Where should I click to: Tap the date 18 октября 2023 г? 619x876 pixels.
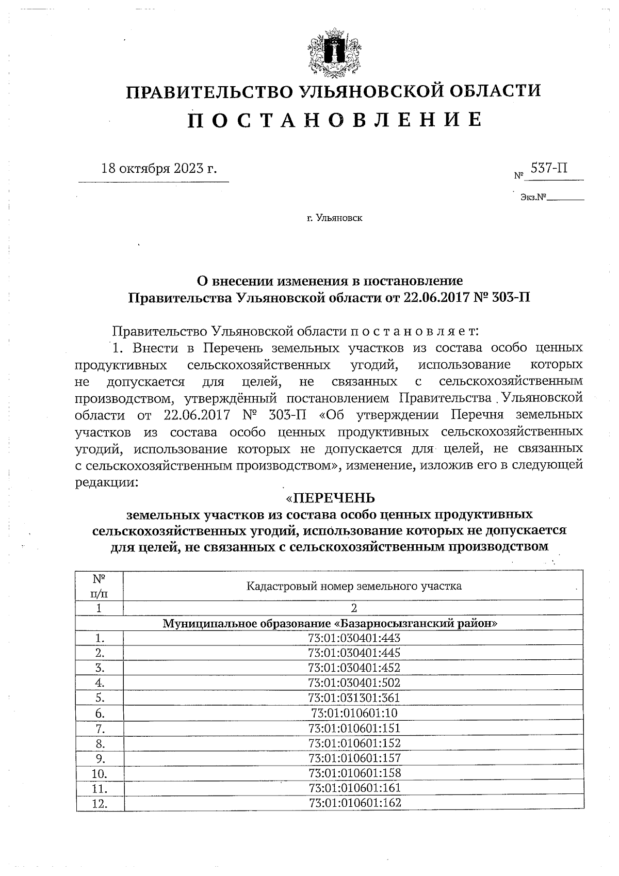click(159, 169)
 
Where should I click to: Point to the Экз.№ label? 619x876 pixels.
click(533, 197)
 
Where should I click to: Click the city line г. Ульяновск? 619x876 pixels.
click(334, 218)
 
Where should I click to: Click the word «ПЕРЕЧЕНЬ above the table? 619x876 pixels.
click(330, 498)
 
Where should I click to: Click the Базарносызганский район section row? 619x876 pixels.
click(330, 623)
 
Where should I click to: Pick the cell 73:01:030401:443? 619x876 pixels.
click(354, 638)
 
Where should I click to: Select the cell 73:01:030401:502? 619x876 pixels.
click(354, 683)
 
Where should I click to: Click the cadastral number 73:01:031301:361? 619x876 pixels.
click(354, 698)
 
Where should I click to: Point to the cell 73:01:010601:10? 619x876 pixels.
click(354, 713)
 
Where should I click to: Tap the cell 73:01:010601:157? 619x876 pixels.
click(354, 758)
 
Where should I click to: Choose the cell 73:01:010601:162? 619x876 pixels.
click(354, 803)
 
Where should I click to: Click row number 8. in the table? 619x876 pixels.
click(100, 743)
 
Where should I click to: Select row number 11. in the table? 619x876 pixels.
click(100, 788)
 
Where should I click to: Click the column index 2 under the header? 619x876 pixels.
click(353, 608)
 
